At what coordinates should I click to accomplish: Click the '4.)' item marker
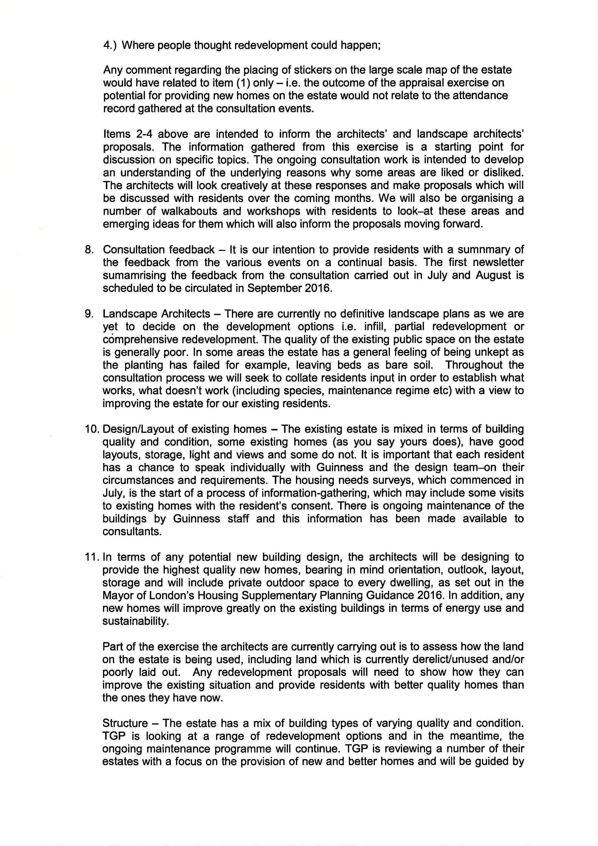pos(110,45)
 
